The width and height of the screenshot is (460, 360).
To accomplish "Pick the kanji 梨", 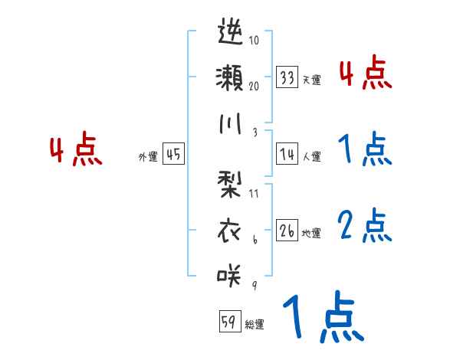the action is click(x=230, y=184).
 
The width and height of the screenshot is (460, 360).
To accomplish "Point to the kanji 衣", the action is click(x=230, y=230).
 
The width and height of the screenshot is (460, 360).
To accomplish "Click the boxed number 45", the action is click(x=173, y=154).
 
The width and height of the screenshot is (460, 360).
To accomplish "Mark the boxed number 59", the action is click(x=229, y=322).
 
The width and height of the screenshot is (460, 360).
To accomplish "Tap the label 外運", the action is click(x=148, y=156).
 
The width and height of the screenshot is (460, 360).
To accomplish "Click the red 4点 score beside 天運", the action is click(x=364, y=74).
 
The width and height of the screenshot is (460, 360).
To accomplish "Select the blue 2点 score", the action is click(x=364, y=226).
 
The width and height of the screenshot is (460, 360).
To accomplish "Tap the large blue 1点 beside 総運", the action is click(x=323, y=317).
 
